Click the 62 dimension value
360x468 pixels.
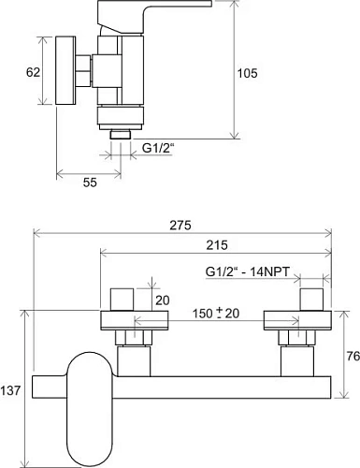tap(33, 72)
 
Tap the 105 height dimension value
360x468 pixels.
tap(248, 73)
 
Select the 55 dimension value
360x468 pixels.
tap(90, 183)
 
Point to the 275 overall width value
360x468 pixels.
tap(180, 226)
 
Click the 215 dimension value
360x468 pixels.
tap(217, 245)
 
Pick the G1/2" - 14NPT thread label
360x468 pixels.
tap(248, 271)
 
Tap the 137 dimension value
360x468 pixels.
tap(10, 390)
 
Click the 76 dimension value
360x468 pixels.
tap(353, 356)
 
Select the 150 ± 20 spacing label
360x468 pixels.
tap(216, 314)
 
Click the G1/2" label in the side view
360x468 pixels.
tap(157, 148)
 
